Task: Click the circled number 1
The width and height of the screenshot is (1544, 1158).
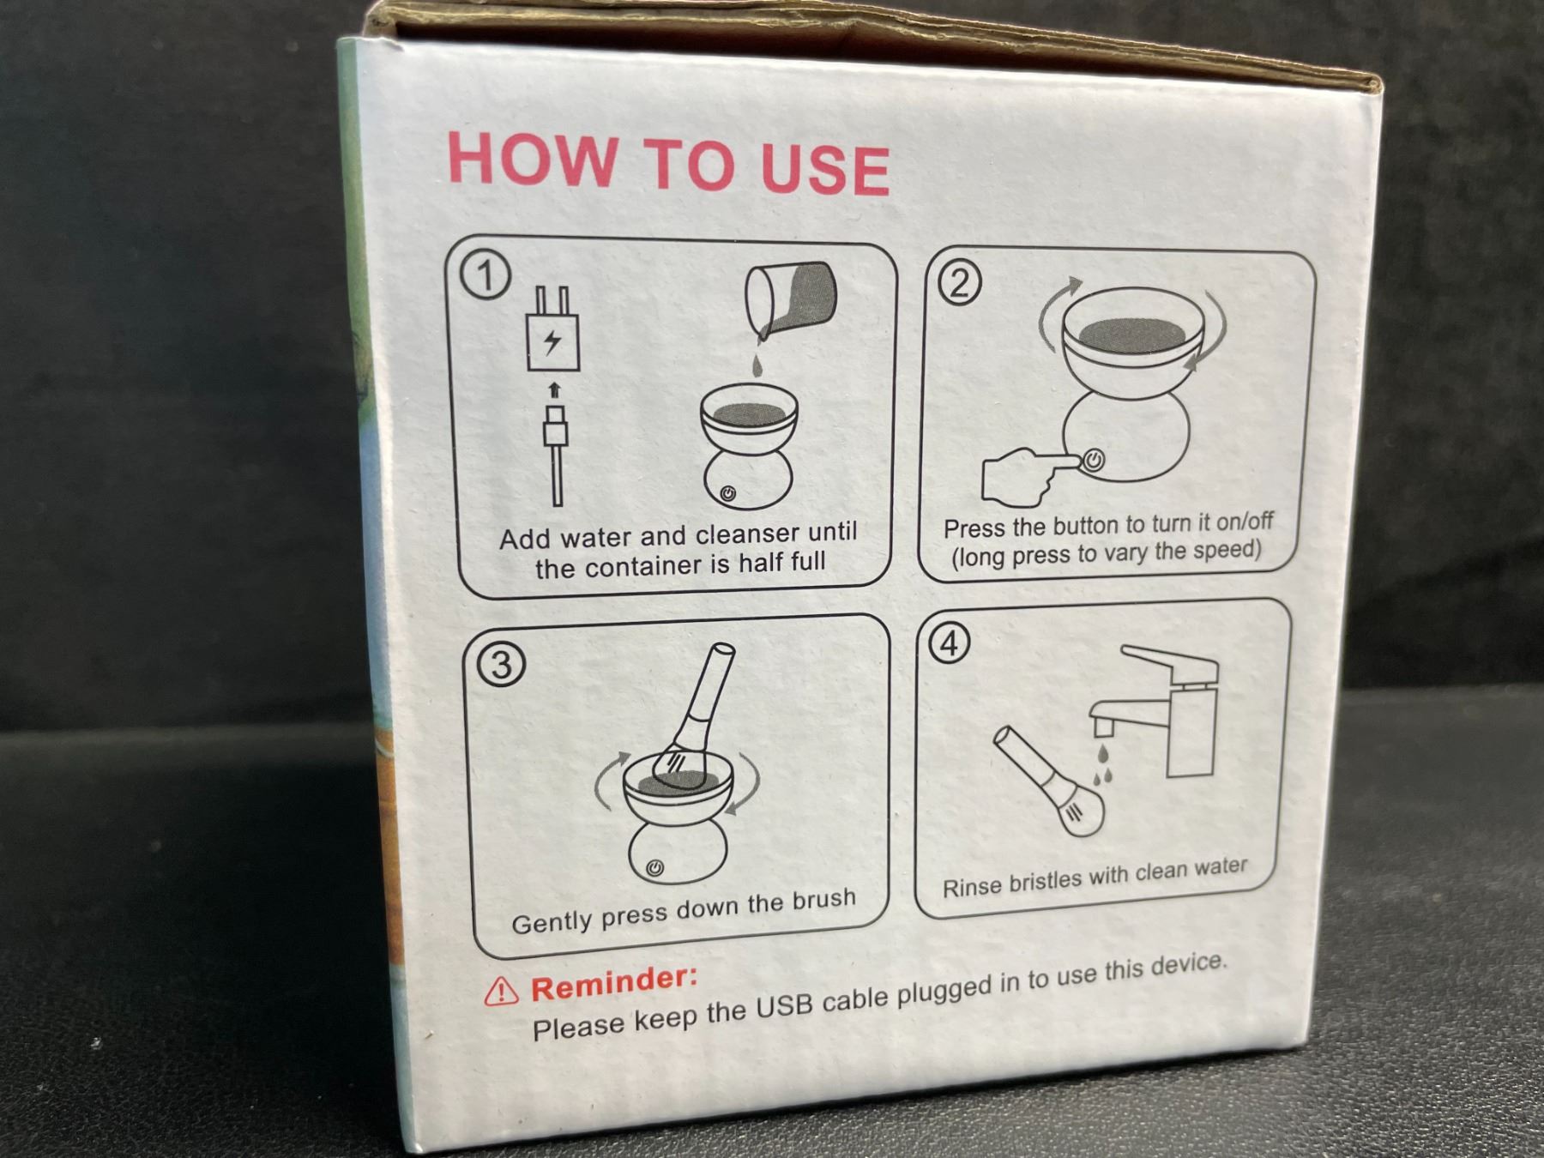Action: [x=486, y=276]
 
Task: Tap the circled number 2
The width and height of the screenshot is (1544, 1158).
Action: [x=959, y=283]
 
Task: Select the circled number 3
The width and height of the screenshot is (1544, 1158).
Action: [x=501, y=665]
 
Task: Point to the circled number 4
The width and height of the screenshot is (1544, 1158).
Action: [x=949, y=642]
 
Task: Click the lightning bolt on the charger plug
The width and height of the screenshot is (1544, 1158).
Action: [x=552, y=341]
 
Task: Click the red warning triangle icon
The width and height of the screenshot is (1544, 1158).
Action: [x=501, y=992]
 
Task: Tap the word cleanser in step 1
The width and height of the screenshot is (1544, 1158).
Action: [x=747, y=534]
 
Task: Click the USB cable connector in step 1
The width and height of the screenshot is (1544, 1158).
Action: [x=555, y=426]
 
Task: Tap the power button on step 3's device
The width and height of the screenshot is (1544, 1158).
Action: [x=655, y=868]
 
